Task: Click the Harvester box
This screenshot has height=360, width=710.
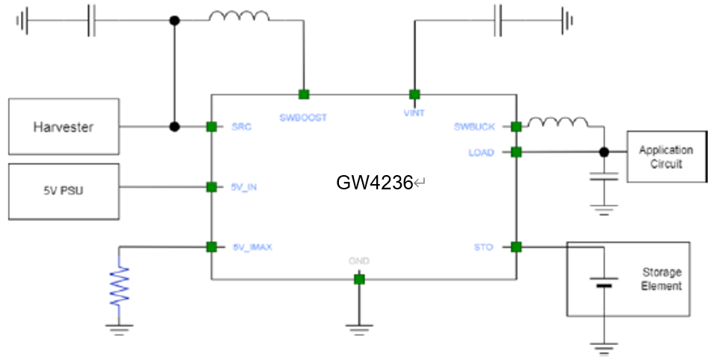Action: tap(64, 126)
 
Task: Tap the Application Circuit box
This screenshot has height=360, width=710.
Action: tap(666, 157)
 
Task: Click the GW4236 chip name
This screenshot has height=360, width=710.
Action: tap(374, 182)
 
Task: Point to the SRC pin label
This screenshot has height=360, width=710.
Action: tap(242, 127)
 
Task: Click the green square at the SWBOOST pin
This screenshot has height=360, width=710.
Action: tap(303, 94)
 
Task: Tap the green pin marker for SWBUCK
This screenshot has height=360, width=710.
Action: tap(516, 126)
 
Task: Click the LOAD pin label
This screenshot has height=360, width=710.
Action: tap(481, 153)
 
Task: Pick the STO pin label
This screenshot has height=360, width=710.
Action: tap(483, 247)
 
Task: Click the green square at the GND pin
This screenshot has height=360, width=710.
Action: tap(359, 279)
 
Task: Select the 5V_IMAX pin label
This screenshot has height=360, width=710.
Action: tap(251, 247)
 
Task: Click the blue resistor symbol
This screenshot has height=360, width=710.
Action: tap(119, 282)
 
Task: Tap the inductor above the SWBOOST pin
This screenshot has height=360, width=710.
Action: tap(239, 17)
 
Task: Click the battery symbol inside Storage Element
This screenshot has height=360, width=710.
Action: tap(603, 282)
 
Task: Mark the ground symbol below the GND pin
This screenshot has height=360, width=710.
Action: tap(359, 327)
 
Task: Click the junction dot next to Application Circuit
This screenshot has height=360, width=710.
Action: tap(604, 152)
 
